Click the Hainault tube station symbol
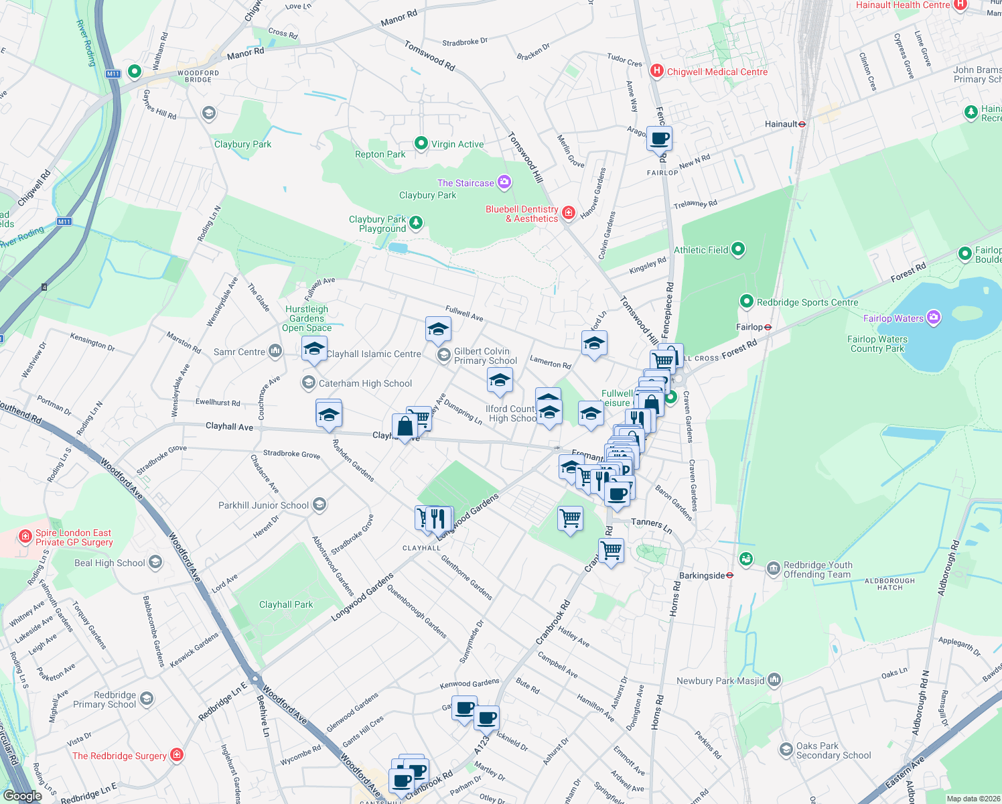[x=802, y=124]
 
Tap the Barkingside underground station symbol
[x=729, y=576]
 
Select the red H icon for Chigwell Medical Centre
[x=657, y=71]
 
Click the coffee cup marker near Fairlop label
[x=660, y=139]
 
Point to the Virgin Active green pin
[x=421, y=143]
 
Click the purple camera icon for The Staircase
[x=504, y=182]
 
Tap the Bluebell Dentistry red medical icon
[x=568, y=213]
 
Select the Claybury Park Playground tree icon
[x=416, y=222]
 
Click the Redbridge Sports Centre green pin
[x=746, y=301]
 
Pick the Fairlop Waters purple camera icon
[x=934, y=318]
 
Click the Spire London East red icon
[x=25, y=537]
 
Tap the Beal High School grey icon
[x=155, y=562]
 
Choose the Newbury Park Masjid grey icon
[x=774, y=680]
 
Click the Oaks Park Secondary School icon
[x=786, y=750]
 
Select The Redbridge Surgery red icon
[x=177, y=755]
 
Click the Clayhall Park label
[x=286, y=604]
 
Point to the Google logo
[x=22, y=796]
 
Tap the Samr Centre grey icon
[x=275, y=351]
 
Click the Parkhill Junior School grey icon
[x=319, y=505]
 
